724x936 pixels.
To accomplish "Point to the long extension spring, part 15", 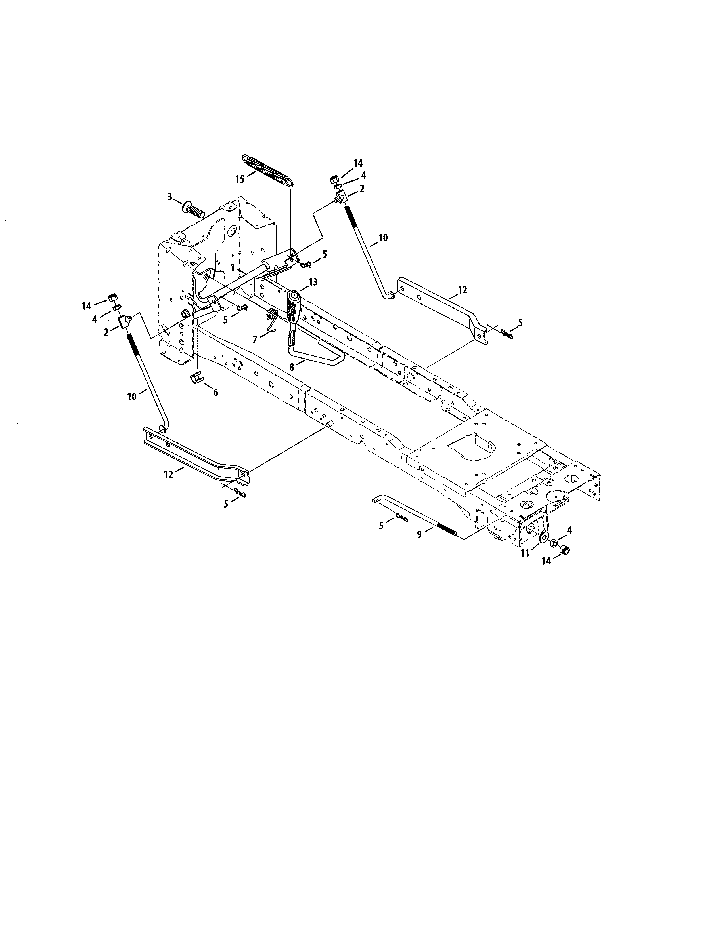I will pyautogui.click(x=268, y=170).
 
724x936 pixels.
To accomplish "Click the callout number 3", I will pyautogui.click(x=170, y=197).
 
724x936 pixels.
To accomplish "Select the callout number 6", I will pyautogui.click(x=215, y=392).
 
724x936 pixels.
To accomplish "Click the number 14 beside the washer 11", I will pyautogui.click(x=546, y=560).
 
